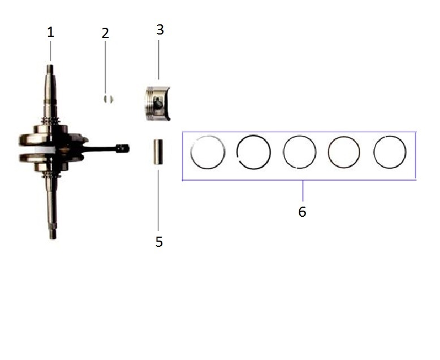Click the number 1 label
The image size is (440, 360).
50,32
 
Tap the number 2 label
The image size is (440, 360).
105,33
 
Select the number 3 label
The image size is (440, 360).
160,30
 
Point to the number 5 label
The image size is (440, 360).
159,242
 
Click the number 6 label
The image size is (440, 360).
302,212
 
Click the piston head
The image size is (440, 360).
157,104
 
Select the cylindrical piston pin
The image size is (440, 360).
158,152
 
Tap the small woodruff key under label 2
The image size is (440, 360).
108,99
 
